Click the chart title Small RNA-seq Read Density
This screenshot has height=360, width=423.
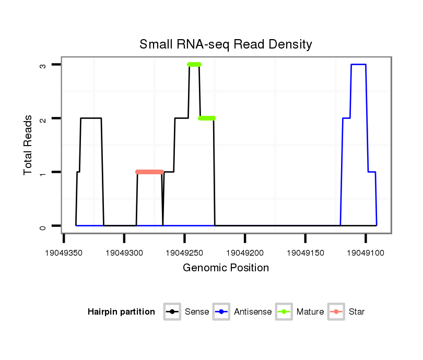(x=226, y=44)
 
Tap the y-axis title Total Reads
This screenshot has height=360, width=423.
(x=28, y=145)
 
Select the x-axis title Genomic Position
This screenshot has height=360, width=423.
(x=226, y=268)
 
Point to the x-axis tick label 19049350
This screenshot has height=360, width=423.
(x=64, y=253)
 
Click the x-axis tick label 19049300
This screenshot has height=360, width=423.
(x=124, y=253)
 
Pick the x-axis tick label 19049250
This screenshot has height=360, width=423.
(x=184, y=253)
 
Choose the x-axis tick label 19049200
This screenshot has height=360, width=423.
(x=245, y=253)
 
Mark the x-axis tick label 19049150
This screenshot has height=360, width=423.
(x=305, y=253)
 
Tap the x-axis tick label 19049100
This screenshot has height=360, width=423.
(x=366, y=253)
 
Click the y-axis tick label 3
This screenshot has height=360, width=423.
(x=43, y=65)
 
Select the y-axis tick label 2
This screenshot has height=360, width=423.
(x=43, y=118)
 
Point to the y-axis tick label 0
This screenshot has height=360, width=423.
(x=43, y=226)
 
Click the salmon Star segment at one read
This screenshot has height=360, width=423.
(x=149, y=172)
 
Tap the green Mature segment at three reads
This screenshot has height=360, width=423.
(x=194, y=64)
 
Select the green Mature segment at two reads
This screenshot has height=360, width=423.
(x=207, y=118)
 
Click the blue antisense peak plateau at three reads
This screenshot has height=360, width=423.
(x=358, y=64)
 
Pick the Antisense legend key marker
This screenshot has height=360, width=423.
(x=222, y=312)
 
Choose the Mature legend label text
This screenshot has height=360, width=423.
(x=310, y=312)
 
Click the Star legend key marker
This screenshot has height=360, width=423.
(x=337, y=312)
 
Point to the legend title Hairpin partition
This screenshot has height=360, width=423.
(x=121, y=312)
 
